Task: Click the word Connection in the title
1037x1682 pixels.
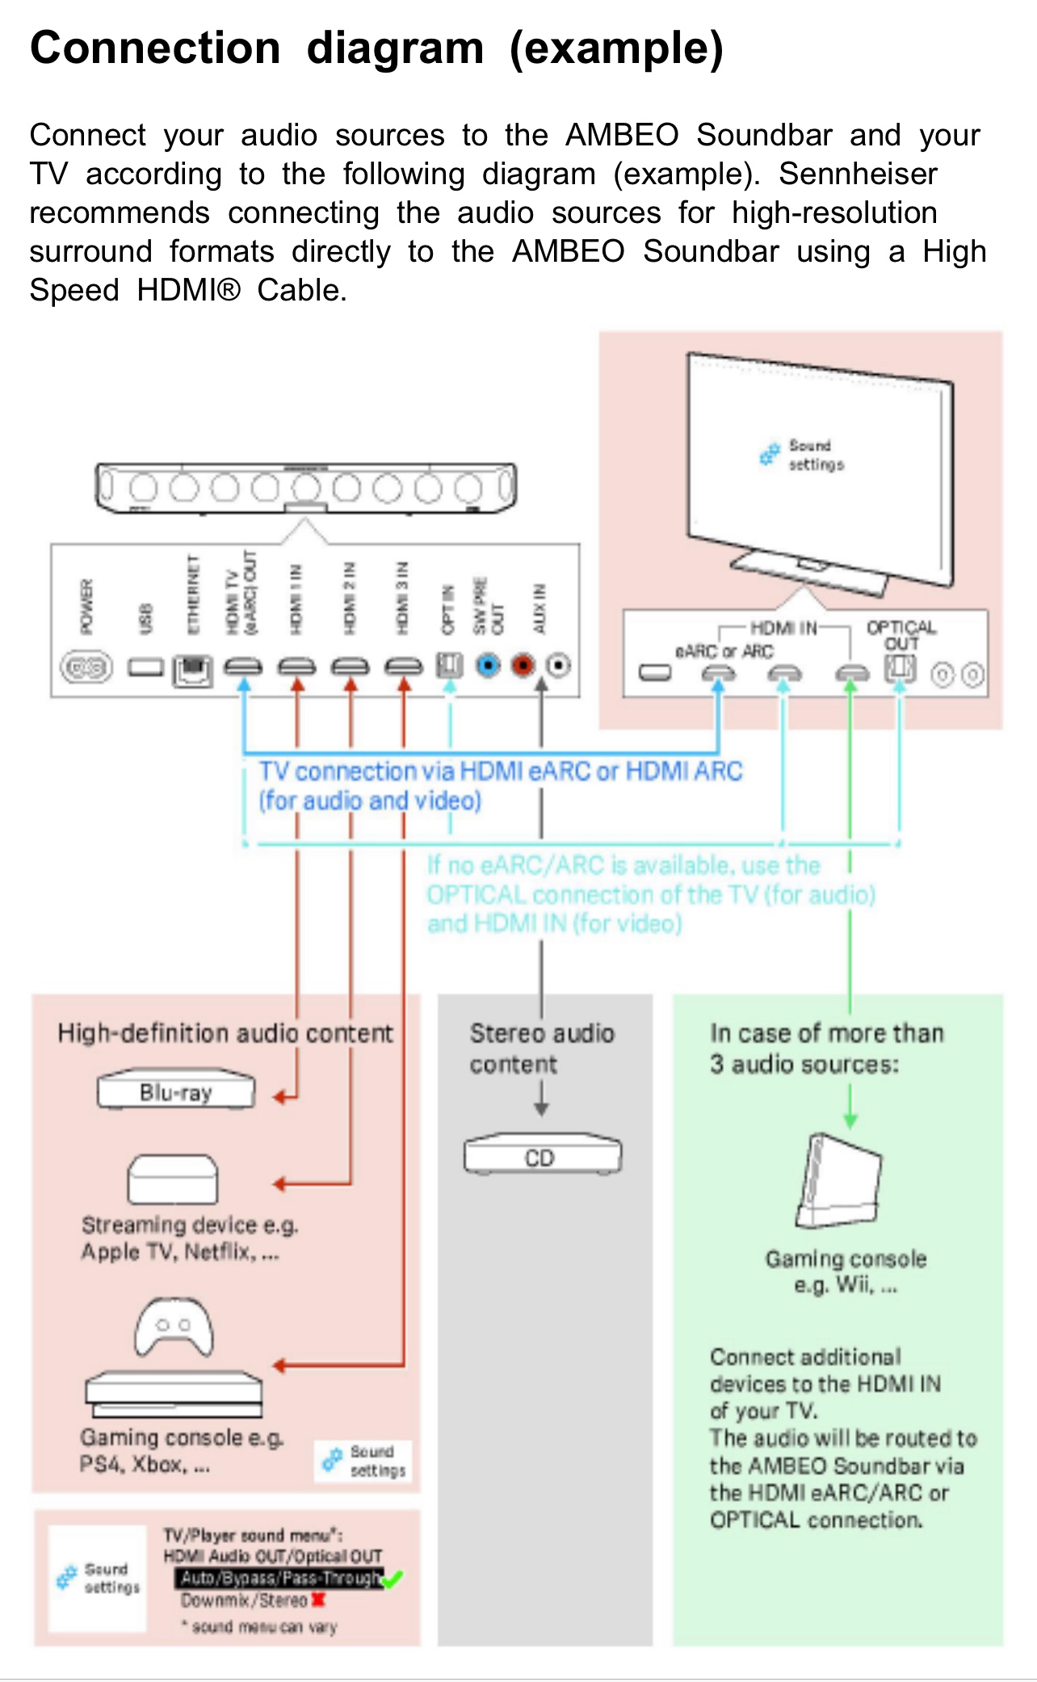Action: (155, 48)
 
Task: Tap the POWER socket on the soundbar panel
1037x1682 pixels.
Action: (86, 667)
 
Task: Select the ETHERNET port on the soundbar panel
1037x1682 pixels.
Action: (192, 670)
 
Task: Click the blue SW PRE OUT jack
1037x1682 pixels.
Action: (488, 666)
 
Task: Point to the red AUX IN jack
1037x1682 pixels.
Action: (523, 666)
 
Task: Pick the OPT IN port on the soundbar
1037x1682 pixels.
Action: (450, 666)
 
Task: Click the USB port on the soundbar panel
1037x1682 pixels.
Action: (145, 667)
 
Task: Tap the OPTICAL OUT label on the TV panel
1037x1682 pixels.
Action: (901, 635)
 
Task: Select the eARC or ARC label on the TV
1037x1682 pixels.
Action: (724, 651)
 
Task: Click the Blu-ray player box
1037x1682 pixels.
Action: (175, 1091)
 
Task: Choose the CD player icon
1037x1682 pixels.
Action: (542, 1155)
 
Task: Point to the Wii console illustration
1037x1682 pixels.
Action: (839, 1180)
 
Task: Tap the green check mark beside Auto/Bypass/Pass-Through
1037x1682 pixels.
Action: (393, 1578)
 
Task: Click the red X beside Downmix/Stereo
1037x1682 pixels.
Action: (318, 1600)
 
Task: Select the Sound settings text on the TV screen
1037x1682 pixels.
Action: (815, 455)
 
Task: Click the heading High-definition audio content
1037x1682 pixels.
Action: (225, 1033)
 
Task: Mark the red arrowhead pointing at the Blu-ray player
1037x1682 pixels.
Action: (279, 1097)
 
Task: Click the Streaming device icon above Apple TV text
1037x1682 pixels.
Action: (172, 1180)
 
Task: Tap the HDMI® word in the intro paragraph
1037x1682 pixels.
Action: (188, 290)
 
